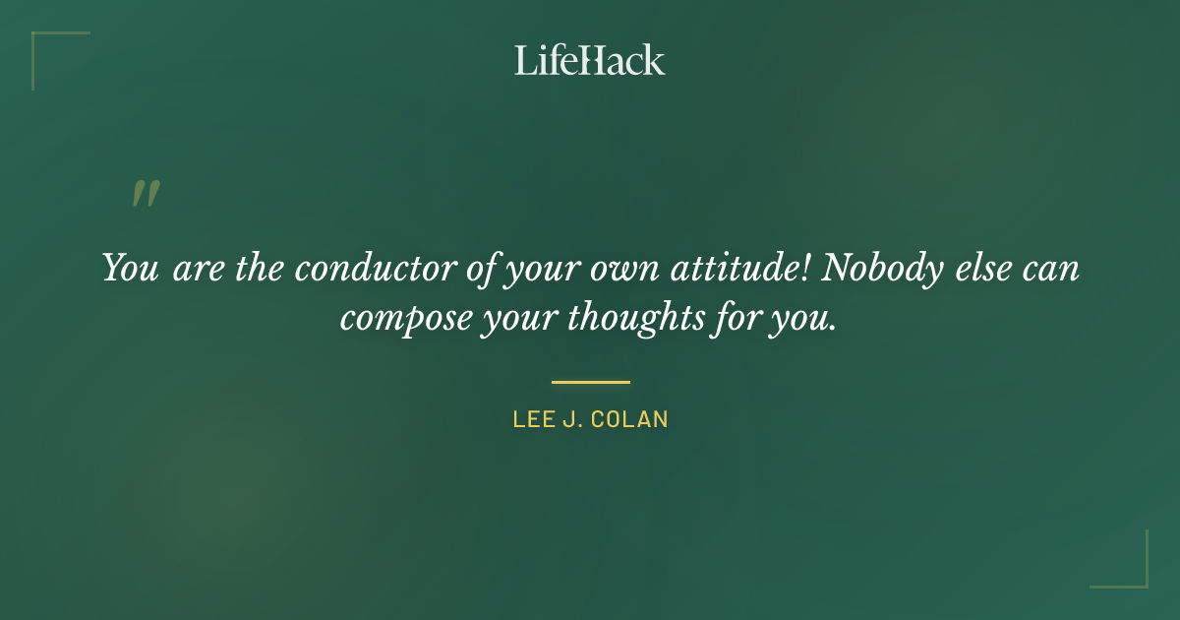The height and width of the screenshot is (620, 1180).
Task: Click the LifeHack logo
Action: pos(590,60)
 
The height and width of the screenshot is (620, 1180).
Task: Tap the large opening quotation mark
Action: pos(146,194)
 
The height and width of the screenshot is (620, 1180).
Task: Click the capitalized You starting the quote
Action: pos(131,269)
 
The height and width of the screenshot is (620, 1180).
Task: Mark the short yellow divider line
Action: pos(590,382)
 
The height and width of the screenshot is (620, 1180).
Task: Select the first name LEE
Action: pos(531,419)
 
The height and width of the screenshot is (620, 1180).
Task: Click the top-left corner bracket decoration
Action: pos(39,40)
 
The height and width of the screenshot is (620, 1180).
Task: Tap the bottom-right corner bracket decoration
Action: pos(1141,580)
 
